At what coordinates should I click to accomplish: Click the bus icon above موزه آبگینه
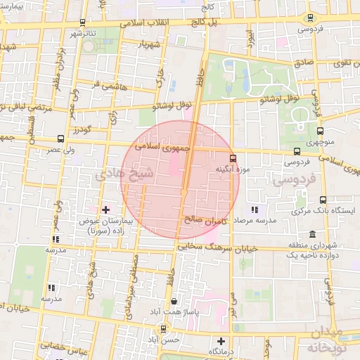pos(233,158)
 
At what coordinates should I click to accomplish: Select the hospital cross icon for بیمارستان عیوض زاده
pos(105,210)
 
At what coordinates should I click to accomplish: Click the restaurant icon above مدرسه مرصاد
pos(254,210)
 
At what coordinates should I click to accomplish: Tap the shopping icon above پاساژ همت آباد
pos(174,301)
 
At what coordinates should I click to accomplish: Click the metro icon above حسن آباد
pos(164,328)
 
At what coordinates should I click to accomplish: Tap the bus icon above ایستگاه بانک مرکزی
pos(323,200)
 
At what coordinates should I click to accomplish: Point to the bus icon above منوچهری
pos(321,130)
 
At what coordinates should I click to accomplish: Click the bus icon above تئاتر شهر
pos(83,23)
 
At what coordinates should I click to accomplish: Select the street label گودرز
pos(82,129)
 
